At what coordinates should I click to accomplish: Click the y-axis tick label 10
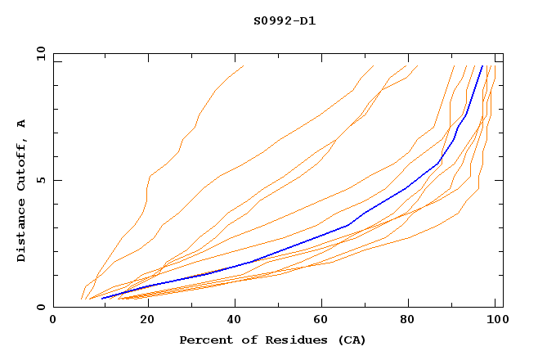click(x=39, y=52)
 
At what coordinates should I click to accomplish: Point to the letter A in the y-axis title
click(x=21, y=124)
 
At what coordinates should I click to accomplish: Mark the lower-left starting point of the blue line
click(x=101, y=299)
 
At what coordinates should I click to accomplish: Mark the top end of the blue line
click(x=482, y=66)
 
